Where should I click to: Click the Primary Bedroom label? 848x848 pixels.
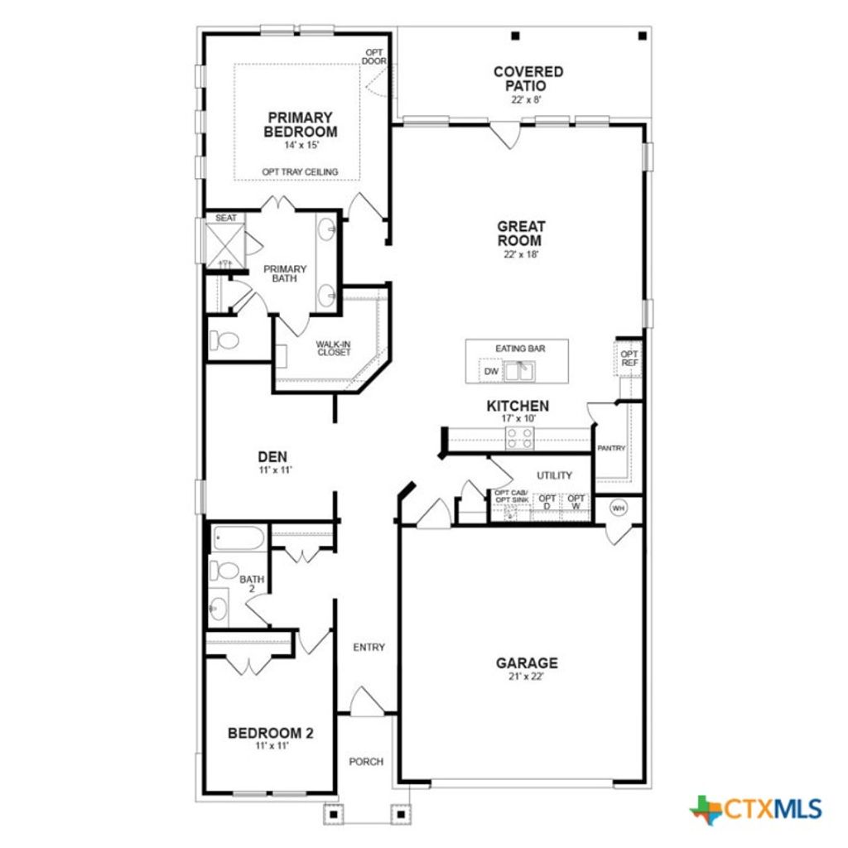click(300, 125)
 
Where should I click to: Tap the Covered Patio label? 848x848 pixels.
click(528, 79)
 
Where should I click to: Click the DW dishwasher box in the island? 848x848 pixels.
click(492, 372)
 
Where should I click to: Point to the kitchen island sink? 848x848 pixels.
click(519, 372)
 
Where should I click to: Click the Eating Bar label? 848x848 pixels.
click(520, 349)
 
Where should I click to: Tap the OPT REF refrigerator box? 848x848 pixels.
click(629, 358)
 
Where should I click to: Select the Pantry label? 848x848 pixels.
click(611, 448)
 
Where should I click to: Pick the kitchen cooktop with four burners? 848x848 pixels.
click(520, 438)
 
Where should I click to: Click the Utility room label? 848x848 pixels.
click(554, 475)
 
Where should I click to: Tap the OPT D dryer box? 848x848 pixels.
click(547, 503)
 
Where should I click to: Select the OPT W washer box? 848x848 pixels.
click(576, 503)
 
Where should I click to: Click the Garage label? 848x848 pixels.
click(527, 662)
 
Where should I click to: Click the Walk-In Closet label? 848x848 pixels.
click(333, 348)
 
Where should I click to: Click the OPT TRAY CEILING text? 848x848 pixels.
click(300, 171)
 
